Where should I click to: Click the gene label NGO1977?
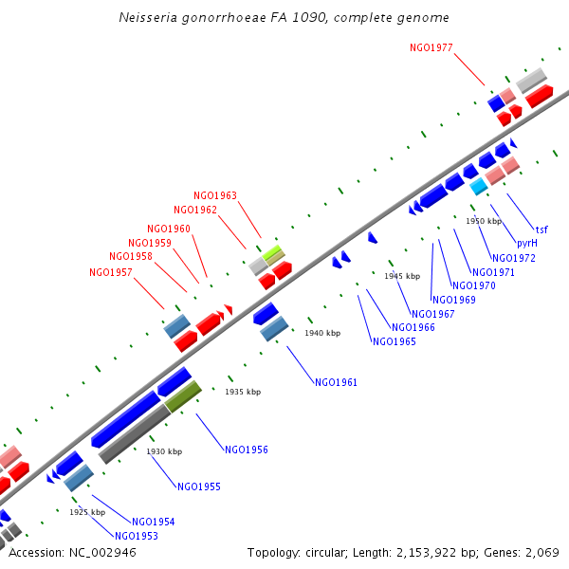click(431, 46)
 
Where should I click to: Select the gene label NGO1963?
click(215, 196)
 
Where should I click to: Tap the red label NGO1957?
click(111, 272)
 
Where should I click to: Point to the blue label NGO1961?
click(337, 383)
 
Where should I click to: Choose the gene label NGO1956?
click(247, 450)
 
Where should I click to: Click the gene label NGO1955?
click(199, 486)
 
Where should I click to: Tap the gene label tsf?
click(541, 229)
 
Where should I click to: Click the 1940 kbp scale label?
click(321, 334)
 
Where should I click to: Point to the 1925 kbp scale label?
click(86, 512)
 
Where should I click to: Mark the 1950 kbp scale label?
click(483, 221)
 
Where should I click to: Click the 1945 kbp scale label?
click(401, 276)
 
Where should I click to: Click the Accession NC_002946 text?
click(72, 552)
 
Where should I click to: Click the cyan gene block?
click(478, 187)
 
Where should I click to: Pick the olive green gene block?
click(183, 396)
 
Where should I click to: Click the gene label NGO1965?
click(394, 341)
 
